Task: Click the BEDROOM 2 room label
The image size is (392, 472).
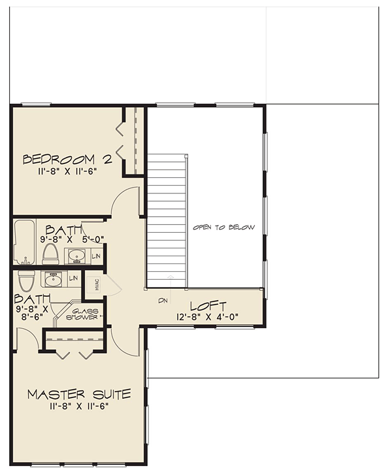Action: click(x=68, y=160)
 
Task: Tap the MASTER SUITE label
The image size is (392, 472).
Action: click(x=79, y=394)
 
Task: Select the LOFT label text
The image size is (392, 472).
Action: click(x=208, y=307)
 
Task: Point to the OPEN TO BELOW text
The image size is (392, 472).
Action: click(x=224, y=228)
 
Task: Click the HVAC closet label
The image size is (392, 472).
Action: click(x=97, y=284)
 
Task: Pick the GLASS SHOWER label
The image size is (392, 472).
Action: click(x=82, y=314)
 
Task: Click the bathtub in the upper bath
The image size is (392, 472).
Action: click(x=24, y=242)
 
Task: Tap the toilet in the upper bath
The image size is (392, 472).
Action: click(x=50, y=254)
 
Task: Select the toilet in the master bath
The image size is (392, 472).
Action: click(x=27, y=280)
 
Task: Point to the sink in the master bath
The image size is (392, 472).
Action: click(x=54, y=279)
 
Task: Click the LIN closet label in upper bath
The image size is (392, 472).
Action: click(x=96, y=256)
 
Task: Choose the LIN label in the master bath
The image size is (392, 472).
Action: click(x=73, y=278)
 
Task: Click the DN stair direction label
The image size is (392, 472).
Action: click(x=163, y=301)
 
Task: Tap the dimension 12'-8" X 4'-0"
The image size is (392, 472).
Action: click(x=208, y=317)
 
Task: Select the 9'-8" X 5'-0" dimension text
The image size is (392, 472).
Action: click(x=73, y=239)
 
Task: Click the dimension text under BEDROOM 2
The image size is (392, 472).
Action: click(x=67, y=171)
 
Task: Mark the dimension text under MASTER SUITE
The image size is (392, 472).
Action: click(x=79, y=407)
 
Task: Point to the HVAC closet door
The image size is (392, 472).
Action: click(x=114, y=284)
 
